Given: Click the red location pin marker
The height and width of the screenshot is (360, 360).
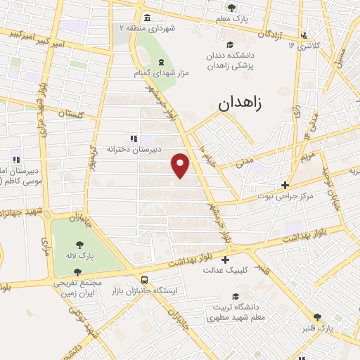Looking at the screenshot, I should pos(181,165).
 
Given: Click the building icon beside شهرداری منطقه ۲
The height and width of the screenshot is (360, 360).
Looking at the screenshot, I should pos(146,18).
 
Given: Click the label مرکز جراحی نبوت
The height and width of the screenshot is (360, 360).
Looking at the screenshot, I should pos(281,196).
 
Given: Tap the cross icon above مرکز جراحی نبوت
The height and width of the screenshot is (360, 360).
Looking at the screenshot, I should pos(285,185).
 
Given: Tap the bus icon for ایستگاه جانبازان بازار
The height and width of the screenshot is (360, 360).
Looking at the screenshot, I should pos(144,278).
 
